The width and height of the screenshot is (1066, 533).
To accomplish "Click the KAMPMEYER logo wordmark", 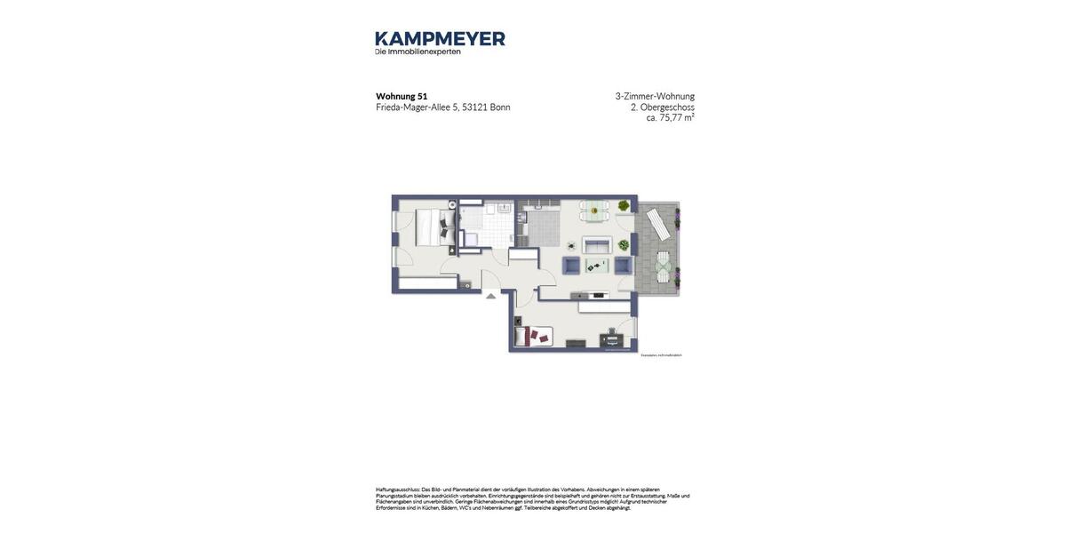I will point(440,38).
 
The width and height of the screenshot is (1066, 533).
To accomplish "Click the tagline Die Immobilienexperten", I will point(418,52).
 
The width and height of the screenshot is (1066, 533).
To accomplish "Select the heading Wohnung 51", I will point(402,96).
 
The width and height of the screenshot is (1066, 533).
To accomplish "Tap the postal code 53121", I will point(474,107).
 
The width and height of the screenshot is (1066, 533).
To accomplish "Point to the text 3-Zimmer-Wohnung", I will point(655,96).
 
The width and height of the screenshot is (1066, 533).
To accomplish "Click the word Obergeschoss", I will point(667,107).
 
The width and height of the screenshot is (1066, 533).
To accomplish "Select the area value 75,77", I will point(671,118).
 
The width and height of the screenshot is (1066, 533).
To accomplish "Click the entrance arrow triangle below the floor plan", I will point(490,296).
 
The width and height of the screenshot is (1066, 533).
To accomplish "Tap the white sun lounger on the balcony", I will point(658,224).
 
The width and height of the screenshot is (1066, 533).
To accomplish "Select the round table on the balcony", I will point(663,264).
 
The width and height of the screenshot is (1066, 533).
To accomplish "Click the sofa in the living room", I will point(597,245).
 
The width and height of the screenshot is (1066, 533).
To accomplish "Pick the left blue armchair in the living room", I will point(571,265).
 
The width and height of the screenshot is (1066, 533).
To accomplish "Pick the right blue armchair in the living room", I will point(623,265).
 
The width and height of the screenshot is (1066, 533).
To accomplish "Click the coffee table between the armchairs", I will point(597,265).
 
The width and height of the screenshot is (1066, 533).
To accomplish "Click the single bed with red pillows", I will point(533,336).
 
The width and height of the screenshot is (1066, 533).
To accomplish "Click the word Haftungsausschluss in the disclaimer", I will point(398,489).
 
